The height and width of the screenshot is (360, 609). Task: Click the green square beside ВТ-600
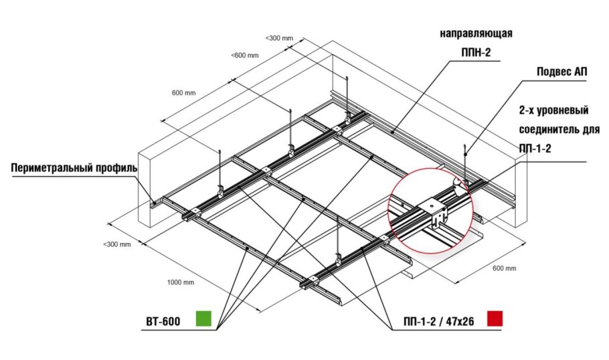pyautogui.click(x=203, y=318)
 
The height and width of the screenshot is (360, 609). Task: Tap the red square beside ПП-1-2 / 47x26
pyautogui.click(x=495, y=318)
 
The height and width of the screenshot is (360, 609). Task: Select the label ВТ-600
pyautogui.click(x=163, y=322)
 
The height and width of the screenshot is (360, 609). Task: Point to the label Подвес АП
pyautogui.click(x=562, y=72)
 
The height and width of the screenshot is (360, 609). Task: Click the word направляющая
pyautogui.click(x=476, y=33)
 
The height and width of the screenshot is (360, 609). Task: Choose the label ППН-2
pyautogui.click(x=476, y=52)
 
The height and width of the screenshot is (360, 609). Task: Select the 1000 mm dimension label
pyautogui.click(x=181, y=282)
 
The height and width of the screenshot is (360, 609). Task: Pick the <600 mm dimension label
pyautogui.click(x=245, y=55)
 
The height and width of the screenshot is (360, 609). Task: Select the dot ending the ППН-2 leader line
pyautogui.click(x=393, y=132)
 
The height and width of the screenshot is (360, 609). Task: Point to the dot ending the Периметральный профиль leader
pyautogui.click(x=154, y=202)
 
